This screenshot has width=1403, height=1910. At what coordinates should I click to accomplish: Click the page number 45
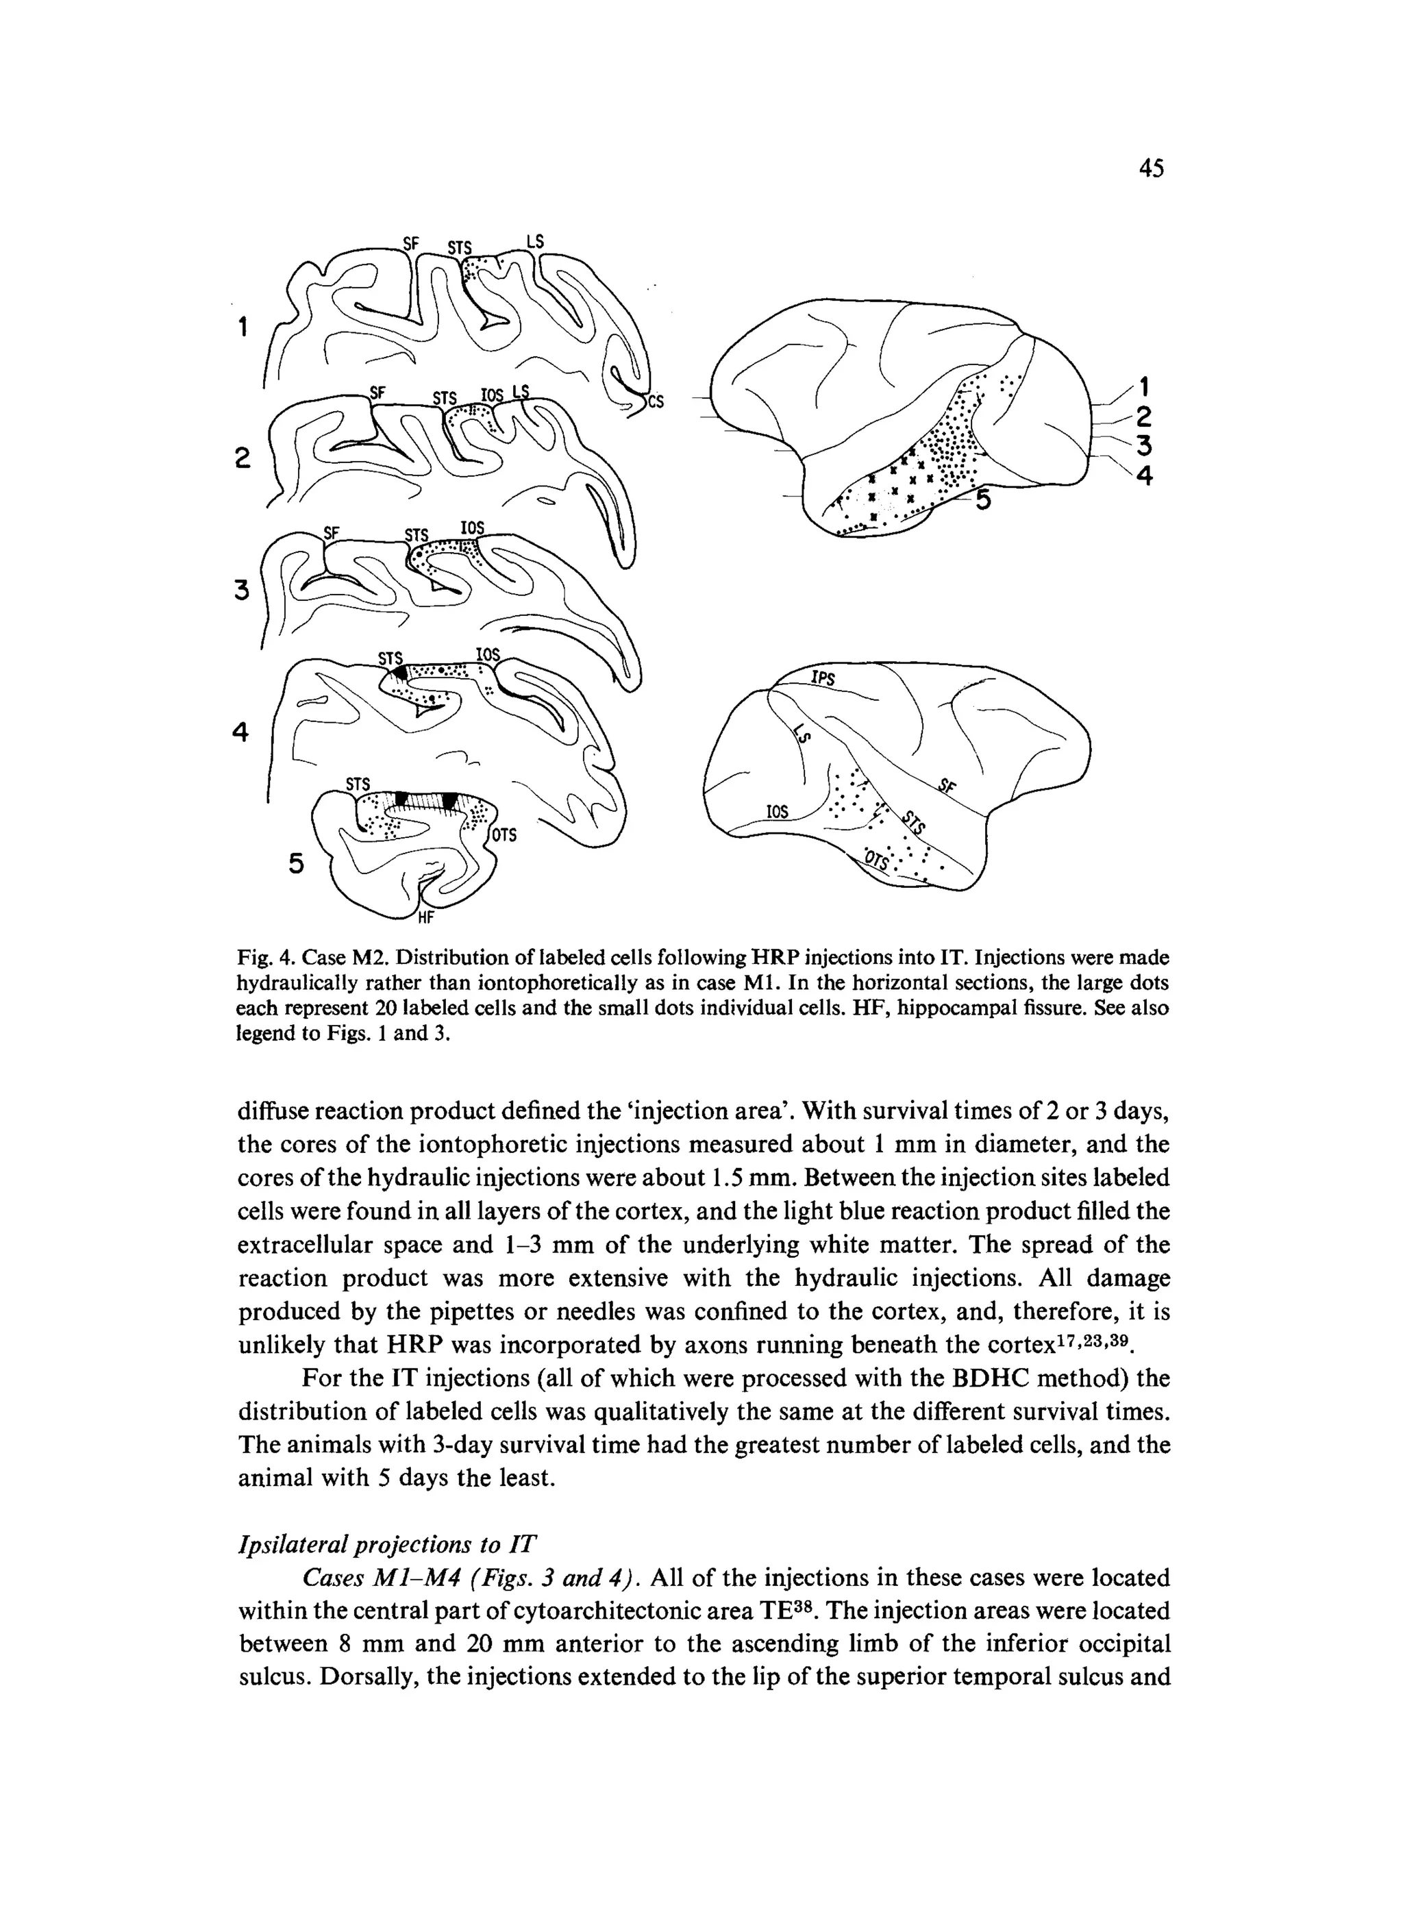tap(1151, 169)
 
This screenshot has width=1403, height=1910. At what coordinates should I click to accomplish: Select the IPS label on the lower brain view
tap(823, 678)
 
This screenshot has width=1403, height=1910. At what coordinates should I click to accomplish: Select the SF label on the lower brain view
tap(947, 786)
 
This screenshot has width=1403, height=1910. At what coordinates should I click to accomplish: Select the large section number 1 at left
tap(243, 326)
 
